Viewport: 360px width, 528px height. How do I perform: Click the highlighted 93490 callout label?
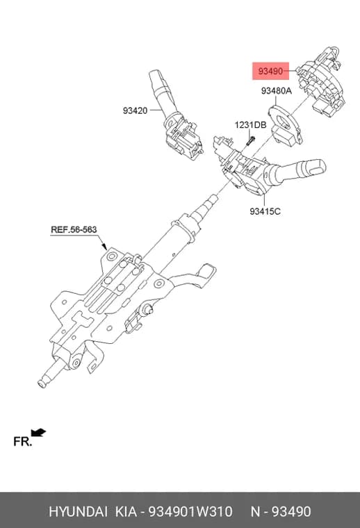click(x=271, y=71)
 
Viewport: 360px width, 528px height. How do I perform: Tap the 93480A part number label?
click(x=277, y=91)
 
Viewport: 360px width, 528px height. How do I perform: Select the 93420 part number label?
click(x=135, y=110)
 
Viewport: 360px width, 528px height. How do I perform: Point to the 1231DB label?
click(x=251, y=125)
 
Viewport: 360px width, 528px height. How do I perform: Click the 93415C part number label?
click(x=265, y=211)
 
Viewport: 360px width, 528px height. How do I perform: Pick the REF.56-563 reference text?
click(x=74, y=230)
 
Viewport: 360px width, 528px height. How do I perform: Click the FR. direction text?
click(x=22, y=441)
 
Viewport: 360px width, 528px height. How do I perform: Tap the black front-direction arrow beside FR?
click(x=38, y=432)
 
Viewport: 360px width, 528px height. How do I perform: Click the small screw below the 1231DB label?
click(x=251, y=140)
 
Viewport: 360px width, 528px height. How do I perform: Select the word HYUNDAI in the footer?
click(x=78, y=511)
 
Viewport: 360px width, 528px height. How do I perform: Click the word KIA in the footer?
click(x=126, y=511)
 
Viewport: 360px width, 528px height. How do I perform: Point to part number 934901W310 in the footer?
click(x=190, y=511)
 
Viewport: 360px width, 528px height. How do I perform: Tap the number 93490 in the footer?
click(x=291, y=511)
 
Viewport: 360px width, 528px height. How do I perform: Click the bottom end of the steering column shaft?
click(x=42, y=383)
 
